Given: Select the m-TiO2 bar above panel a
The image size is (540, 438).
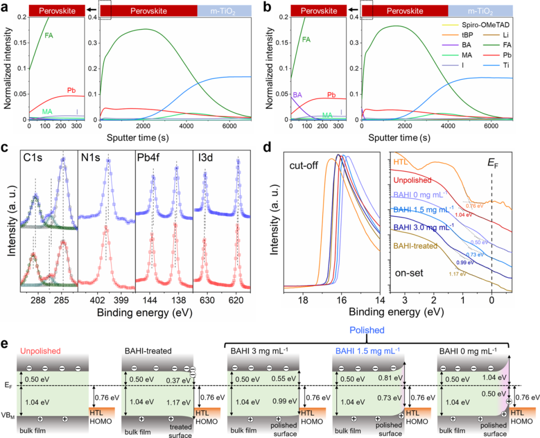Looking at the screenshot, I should click(x=224, y=9).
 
